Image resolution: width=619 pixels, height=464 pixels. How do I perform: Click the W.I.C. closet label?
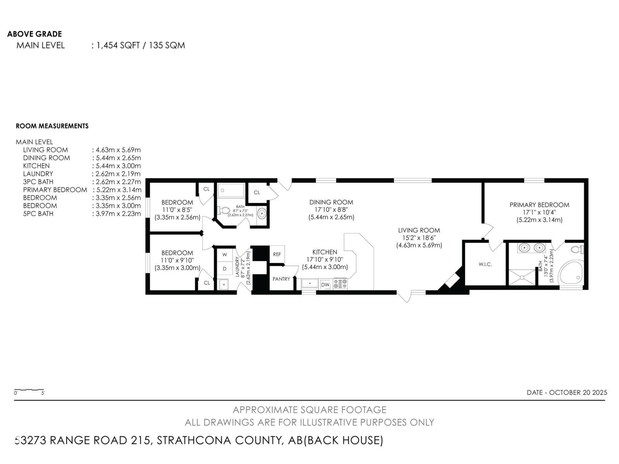point(485,264)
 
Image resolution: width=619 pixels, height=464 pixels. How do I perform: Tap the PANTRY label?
point(281,279)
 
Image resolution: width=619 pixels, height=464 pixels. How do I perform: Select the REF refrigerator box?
point(277,254)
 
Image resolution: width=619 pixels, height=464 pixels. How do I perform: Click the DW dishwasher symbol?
point(325,285)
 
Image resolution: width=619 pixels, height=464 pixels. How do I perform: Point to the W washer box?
point(224,255)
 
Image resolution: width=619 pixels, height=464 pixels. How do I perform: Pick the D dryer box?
point(224,268)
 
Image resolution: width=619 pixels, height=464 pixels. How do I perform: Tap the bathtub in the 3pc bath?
point(231,191)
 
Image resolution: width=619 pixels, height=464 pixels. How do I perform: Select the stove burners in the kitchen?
point(340,284)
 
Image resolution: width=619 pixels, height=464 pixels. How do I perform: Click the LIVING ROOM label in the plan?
point(419,230)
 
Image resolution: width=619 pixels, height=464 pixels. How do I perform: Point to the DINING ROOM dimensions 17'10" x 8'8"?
point(331,210)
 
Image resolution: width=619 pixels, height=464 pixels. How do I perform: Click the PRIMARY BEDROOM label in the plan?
point(539,205)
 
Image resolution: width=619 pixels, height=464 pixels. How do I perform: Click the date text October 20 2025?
point(567,392)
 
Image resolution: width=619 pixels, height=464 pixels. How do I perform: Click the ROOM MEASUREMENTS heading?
point(52,126)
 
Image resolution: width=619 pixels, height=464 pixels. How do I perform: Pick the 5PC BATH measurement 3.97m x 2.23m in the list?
point(118,213)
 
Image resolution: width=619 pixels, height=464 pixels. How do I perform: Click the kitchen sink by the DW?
point(310,284)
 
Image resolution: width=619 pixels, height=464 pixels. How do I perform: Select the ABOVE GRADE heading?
point(34,34)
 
